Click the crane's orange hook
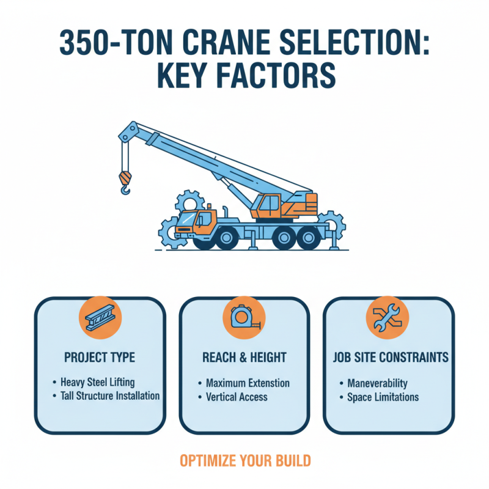[x=125, y=182]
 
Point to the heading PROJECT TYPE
[x=100, y=357]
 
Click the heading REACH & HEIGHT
[x=244, y=357]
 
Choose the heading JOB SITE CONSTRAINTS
[x=388, y=357]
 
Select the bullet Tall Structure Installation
[x=110, y=395]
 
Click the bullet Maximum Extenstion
[x=248, y=383]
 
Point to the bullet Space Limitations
[x=383, y=397]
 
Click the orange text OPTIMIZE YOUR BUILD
[x=244, y=460]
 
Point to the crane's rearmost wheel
[x=306, y=237]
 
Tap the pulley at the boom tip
[x=129, y=130]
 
